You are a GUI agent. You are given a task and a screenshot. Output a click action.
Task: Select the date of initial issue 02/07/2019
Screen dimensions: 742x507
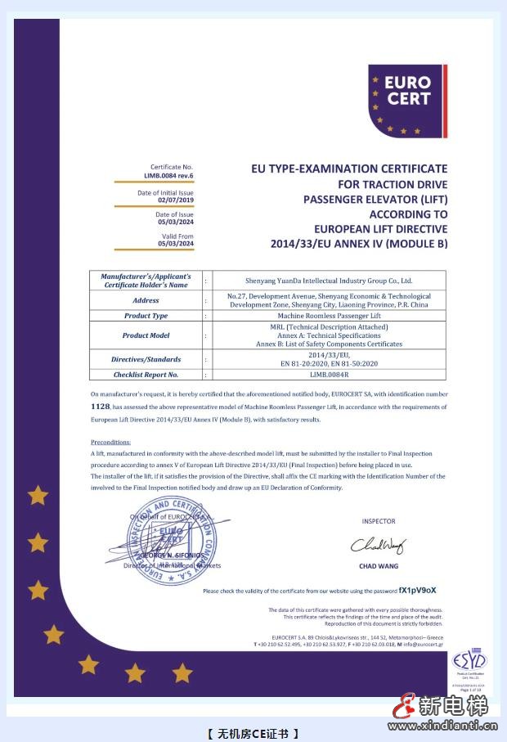(x=177, y=199)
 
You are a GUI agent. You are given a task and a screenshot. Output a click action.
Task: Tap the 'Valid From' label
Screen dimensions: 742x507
(x=178, y=236)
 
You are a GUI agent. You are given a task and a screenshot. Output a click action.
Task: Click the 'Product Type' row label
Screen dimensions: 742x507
(x=146, y=315)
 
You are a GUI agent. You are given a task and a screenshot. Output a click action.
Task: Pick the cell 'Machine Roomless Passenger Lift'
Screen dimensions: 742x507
(x=329, y=315)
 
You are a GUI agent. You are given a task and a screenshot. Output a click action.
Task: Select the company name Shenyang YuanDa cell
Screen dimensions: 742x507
(x=329, y=280)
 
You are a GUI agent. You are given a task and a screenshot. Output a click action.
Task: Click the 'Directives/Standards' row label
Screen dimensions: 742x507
(x=146, y=359)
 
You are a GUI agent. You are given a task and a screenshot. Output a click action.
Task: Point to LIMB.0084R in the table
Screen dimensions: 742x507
(x=329, y=375)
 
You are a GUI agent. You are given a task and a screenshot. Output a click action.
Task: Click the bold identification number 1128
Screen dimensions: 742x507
(x=100, y=406)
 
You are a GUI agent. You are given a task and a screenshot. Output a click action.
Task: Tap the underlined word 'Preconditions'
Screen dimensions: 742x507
(x=110, y=442)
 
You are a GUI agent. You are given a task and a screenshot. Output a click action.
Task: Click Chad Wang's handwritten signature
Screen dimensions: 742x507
(x=377, y=545)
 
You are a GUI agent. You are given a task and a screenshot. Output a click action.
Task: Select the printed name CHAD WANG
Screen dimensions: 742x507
(x=378, y=565)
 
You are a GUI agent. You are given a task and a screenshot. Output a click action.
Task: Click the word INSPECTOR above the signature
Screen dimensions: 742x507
(x=378, y=521)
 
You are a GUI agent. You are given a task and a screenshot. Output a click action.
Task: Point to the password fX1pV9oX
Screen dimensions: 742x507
(x=418, y=590)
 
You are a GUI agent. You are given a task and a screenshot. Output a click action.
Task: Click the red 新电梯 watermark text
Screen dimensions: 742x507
(x=453, y=706)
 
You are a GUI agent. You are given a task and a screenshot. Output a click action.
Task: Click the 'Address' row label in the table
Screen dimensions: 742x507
(x=146, y=300)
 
